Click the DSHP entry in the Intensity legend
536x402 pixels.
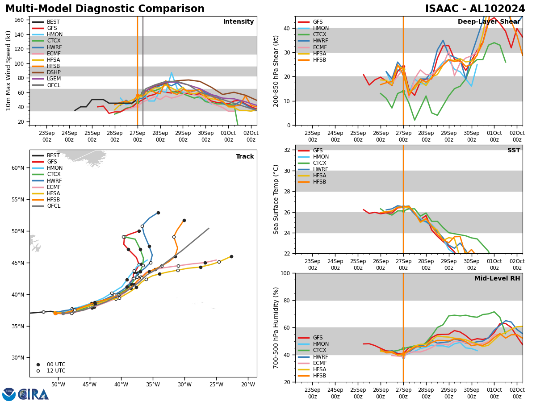pyautogui.click(x=53, y=72)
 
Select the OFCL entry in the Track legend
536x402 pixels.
pyautogui.click(x=53, y=206)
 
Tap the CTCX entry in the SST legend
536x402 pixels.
pyautogui.click(x=320, y=163)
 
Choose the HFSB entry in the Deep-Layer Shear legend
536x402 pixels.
pyautogui.click(x=319, y=60)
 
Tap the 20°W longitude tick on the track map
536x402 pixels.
pyautogui.click(x=248, y=385)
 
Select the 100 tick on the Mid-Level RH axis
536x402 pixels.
pyautogui.click(x=284, y=273)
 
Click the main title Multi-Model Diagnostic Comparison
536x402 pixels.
pyautogui.click(x=105, y=9)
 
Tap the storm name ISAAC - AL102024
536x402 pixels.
pyautogui.click(x=475, y=9)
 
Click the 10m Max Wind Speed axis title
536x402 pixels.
pyautogui.click(x=8, y=71)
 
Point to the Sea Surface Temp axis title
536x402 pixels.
pyautogui.click(x=276, y=199)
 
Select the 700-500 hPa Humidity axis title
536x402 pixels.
pyautogui.click(x=276, y=327)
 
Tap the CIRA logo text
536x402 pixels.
pyautogui.click(x=33, y=394)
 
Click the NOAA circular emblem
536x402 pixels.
pyautogui.click(x=9, y=394)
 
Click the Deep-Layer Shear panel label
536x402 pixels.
pyautogui.click(x=489, y=22)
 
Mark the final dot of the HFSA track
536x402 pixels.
pyautogui.click(x=231, y=256)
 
